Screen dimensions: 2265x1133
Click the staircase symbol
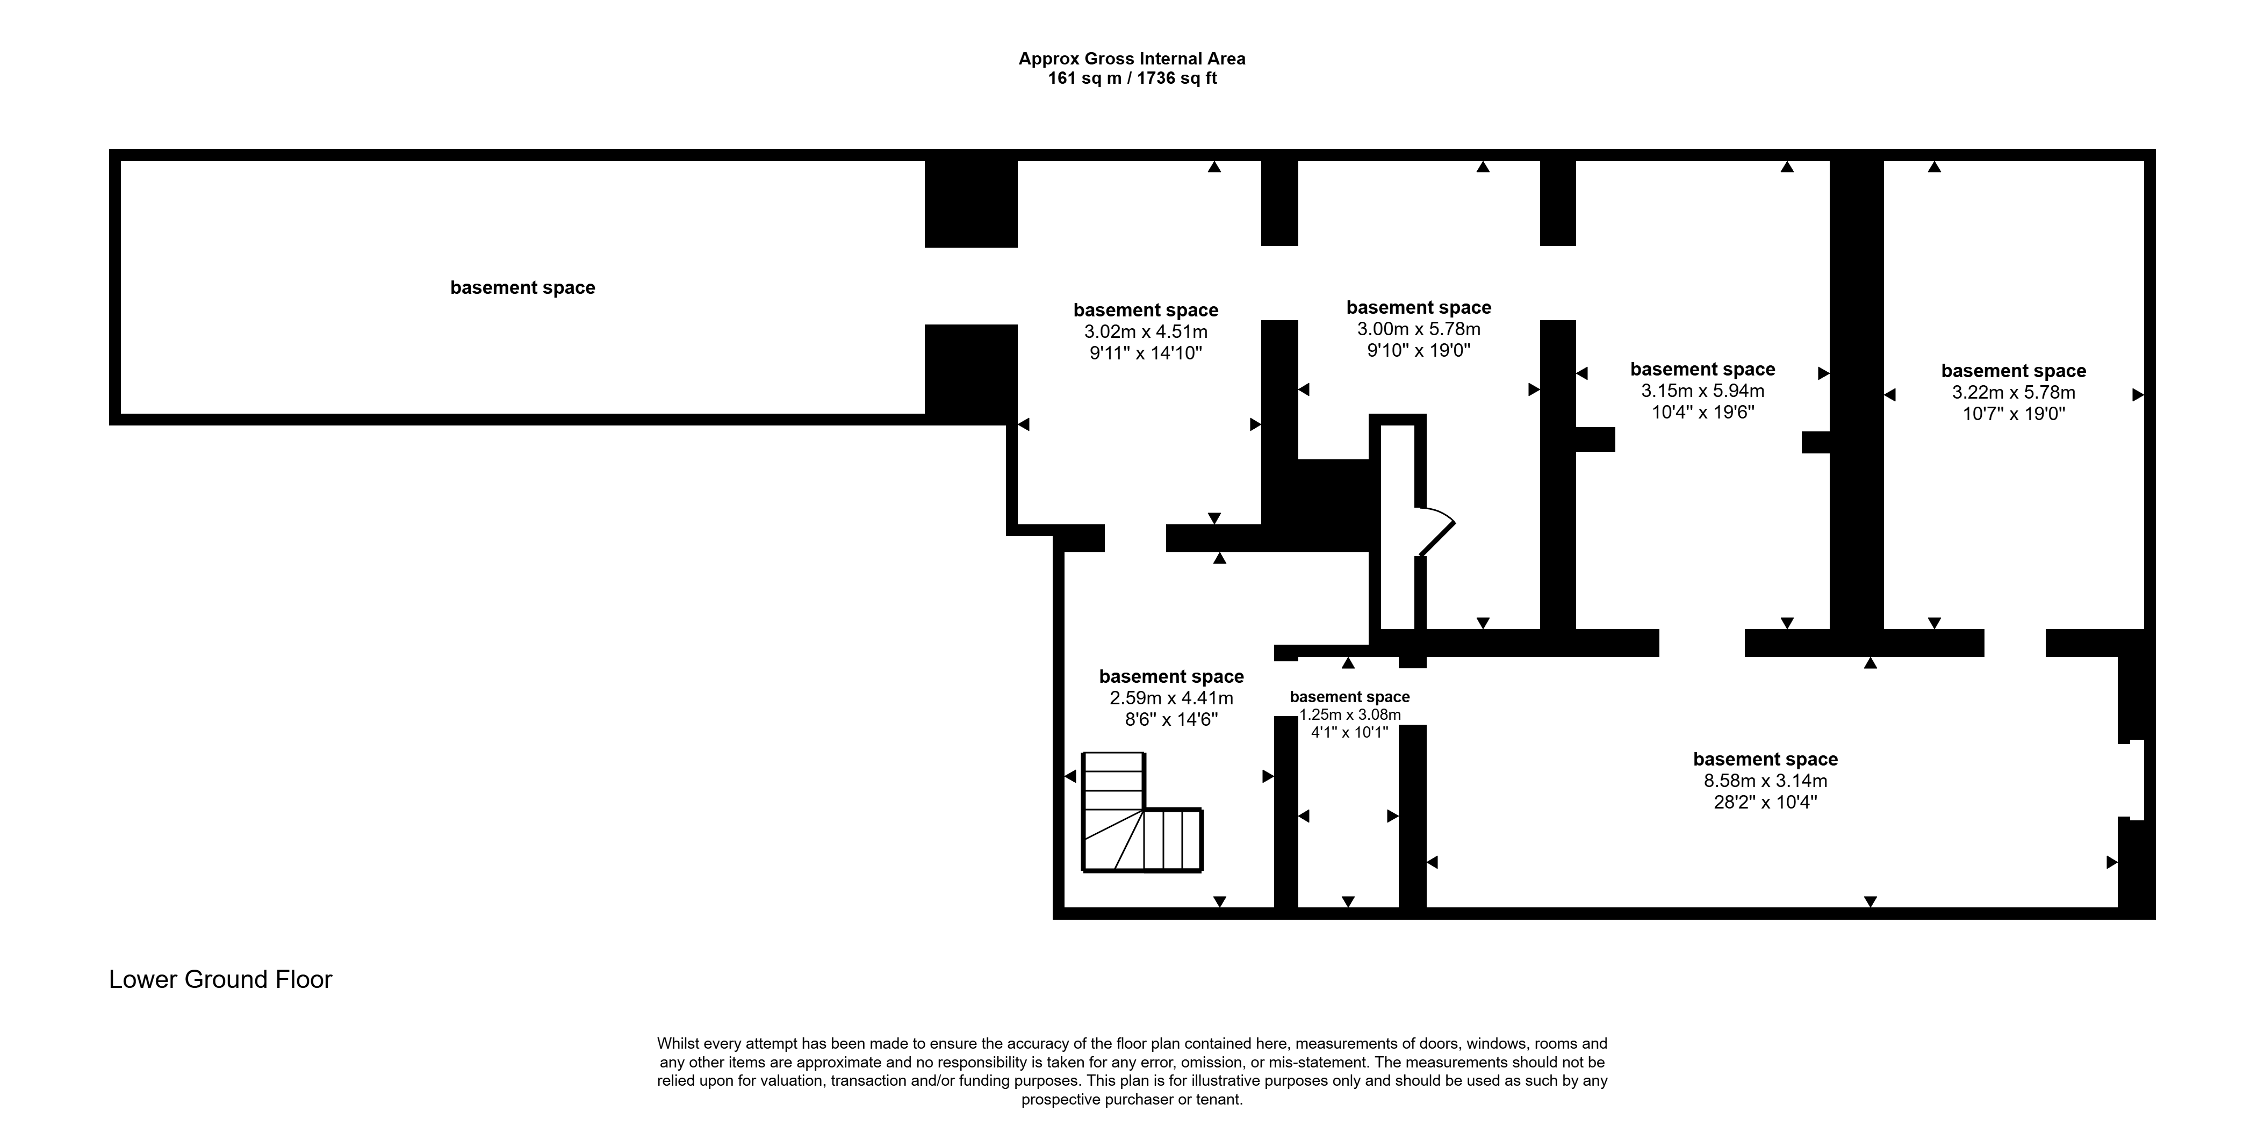1141,812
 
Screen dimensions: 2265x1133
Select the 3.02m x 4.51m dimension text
1146,332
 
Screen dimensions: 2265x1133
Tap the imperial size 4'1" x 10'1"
1350,731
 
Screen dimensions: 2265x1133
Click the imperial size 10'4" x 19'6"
1702,412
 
